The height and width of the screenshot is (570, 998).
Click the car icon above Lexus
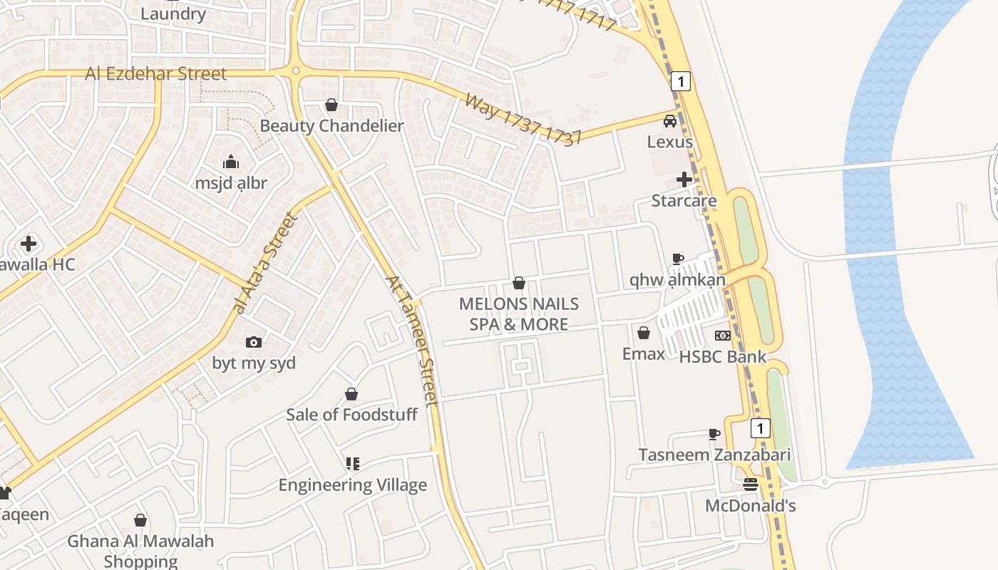[670, 121]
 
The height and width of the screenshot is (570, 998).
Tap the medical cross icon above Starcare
[684, 180]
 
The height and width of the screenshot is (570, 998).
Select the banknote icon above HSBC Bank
[723, 336]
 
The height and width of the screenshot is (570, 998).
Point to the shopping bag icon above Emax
[644, 333]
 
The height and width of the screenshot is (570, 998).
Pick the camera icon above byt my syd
[254, 343]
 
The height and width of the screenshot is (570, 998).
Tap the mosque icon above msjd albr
[230, 162]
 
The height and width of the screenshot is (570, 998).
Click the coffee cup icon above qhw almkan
[677, 259]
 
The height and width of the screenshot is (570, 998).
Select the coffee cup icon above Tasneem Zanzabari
[714, 434]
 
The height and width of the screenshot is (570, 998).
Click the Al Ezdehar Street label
[155, 73]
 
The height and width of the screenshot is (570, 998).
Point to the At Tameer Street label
[412, 341]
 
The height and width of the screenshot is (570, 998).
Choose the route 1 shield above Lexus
[681, 81]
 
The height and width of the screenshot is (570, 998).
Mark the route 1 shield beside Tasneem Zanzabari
[761, 428]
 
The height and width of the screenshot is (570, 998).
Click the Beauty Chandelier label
[331, 126]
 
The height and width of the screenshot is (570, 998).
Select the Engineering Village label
[352, 485]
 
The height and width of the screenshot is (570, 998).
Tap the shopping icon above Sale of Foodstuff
[351, 394]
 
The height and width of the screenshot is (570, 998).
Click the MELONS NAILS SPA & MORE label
[518, 314]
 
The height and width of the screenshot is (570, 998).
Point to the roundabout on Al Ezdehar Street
[295, 71]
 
